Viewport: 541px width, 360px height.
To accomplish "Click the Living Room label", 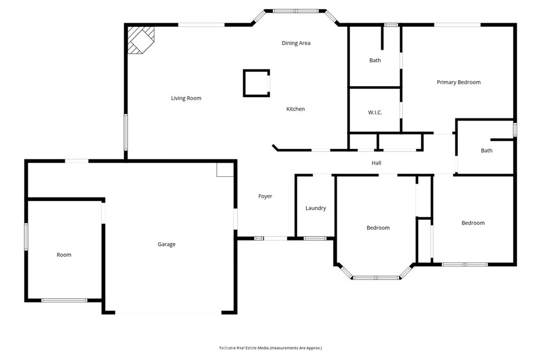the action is point(186,98).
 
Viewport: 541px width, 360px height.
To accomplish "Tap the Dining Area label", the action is point(296,43).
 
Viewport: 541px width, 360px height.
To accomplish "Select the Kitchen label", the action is point(295,109).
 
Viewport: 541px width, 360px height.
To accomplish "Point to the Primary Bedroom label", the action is point(459,82).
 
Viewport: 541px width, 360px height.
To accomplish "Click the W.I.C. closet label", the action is point(375,112).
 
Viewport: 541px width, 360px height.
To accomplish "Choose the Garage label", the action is point(166,244).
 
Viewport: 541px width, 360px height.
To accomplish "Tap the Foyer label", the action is point(265,196).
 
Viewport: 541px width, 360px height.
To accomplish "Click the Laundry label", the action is point(316,209).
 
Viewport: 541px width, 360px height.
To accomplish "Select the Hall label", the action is point(376,163).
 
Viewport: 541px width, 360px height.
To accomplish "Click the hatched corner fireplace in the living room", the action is point(141,40).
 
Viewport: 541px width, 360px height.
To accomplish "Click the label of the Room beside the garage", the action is point(64,255).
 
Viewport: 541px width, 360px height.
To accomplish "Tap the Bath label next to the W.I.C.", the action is point(375,60).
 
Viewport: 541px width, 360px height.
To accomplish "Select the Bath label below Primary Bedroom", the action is point(487,150).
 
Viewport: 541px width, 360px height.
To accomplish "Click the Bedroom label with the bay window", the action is point(378,228).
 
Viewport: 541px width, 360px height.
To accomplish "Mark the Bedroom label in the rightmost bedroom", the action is point(473,223).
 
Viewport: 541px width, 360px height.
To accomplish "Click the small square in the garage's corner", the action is point(225,170).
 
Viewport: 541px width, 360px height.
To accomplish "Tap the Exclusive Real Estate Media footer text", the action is point(270,348).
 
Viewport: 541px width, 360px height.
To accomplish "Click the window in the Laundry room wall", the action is point(315,238).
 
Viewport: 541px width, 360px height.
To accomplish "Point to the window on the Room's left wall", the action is point(26,236).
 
